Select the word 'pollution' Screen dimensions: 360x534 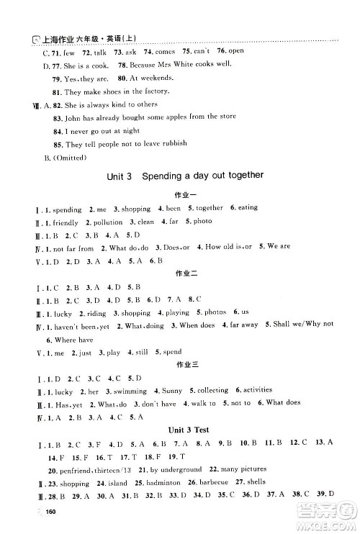tap(109, 222)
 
